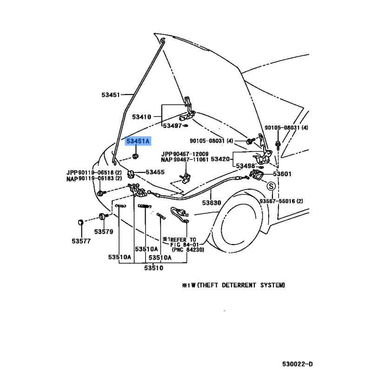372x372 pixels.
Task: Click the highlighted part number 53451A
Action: [138, 141]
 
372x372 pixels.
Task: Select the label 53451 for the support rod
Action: [111, 95]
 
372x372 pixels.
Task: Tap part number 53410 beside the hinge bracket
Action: [142, 117]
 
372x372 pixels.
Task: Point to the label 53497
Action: [173, 126]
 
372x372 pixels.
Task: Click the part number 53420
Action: [220, 159]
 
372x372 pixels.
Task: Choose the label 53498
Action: [246, 166]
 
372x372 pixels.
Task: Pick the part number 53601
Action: [282, 174]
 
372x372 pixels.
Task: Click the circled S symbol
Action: [271, 186]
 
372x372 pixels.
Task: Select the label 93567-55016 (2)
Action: [281, 201]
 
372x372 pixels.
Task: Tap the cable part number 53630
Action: [212, 203]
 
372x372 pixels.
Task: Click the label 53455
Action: [155, 172]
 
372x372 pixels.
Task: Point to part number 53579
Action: [104, 232]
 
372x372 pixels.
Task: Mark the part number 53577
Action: [81, 241]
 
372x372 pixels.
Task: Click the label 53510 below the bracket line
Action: [154, 268]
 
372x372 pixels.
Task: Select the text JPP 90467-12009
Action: [185, 154]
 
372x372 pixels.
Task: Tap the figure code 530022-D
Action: [298, 364]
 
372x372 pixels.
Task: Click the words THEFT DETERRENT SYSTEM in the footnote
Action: [241, 285]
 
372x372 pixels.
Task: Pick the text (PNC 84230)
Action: [188, 250]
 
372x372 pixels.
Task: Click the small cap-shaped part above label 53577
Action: [80, 222]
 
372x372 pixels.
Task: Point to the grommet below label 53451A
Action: [135, 156]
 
